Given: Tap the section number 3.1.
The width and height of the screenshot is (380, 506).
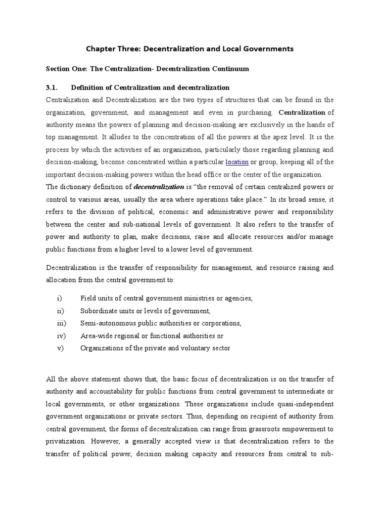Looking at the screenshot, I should coord(52,87).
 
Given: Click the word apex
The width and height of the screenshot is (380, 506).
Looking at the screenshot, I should coord(277,137).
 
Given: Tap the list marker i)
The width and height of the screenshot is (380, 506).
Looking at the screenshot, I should coord(59,298).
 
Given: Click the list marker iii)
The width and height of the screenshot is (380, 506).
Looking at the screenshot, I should coord(60,323).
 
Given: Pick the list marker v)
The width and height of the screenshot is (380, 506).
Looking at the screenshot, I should coord(60,348).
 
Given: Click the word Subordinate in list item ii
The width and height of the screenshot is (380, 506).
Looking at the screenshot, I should coord(99,311).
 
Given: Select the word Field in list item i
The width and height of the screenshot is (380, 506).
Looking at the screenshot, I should coord(88,298).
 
